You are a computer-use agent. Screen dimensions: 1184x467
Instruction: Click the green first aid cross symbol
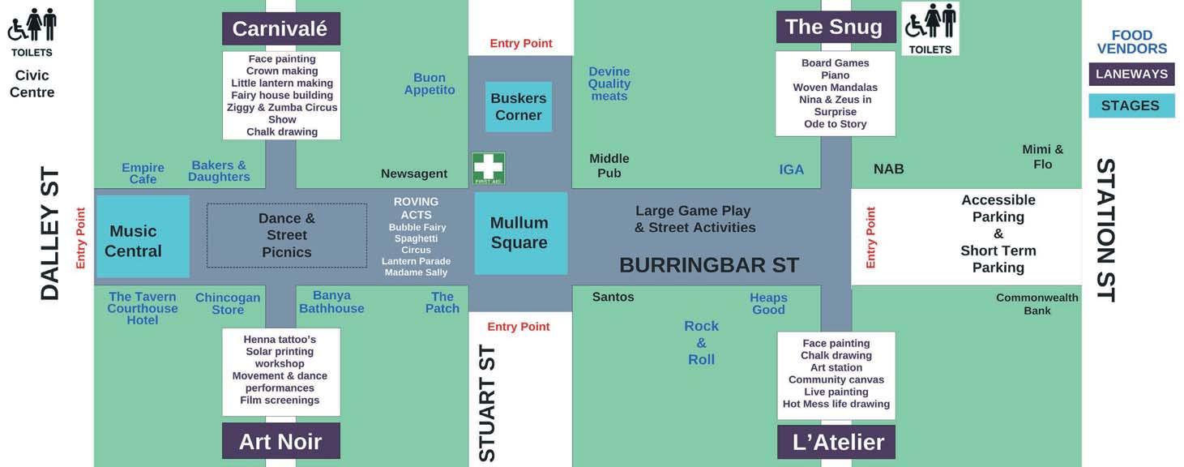click(489, 168)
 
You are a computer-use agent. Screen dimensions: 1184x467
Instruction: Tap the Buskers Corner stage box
click(519, 106)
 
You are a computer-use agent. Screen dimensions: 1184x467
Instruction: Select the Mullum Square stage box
click(519, 233)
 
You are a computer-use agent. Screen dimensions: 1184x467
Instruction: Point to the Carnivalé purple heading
click(280, 29)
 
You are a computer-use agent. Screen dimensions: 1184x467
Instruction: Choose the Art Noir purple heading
click(280, 441)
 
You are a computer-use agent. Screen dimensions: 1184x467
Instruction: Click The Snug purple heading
click(834, 27)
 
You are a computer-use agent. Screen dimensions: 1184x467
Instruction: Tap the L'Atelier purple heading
click(838, 442)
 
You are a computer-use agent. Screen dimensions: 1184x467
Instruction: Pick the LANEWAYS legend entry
click(1131, 74)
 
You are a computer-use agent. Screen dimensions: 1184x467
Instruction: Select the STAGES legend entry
click(1131, 105)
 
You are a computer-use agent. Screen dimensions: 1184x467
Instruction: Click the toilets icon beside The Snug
click(930, 28)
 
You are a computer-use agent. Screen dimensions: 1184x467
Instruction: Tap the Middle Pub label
click(609, 165)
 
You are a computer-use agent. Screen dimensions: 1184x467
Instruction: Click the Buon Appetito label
click(430, 84)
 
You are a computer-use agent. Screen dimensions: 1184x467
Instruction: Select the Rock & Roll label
click(702, 342)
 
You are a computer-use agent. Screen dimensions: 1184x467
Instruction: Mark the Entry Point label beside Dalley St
click(80, 238)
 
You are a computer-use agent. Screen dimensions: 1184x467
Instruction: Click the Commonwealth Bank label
click(1037, 304)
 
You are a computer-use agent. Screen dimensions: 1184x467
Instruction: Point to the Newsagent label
click(414, 174)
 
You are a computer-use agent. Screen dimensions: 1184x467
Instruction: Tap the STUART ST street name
click(487, 403)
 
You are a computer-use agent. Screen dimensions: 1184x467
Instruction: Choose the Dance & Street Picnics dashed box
click(287, 235)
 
